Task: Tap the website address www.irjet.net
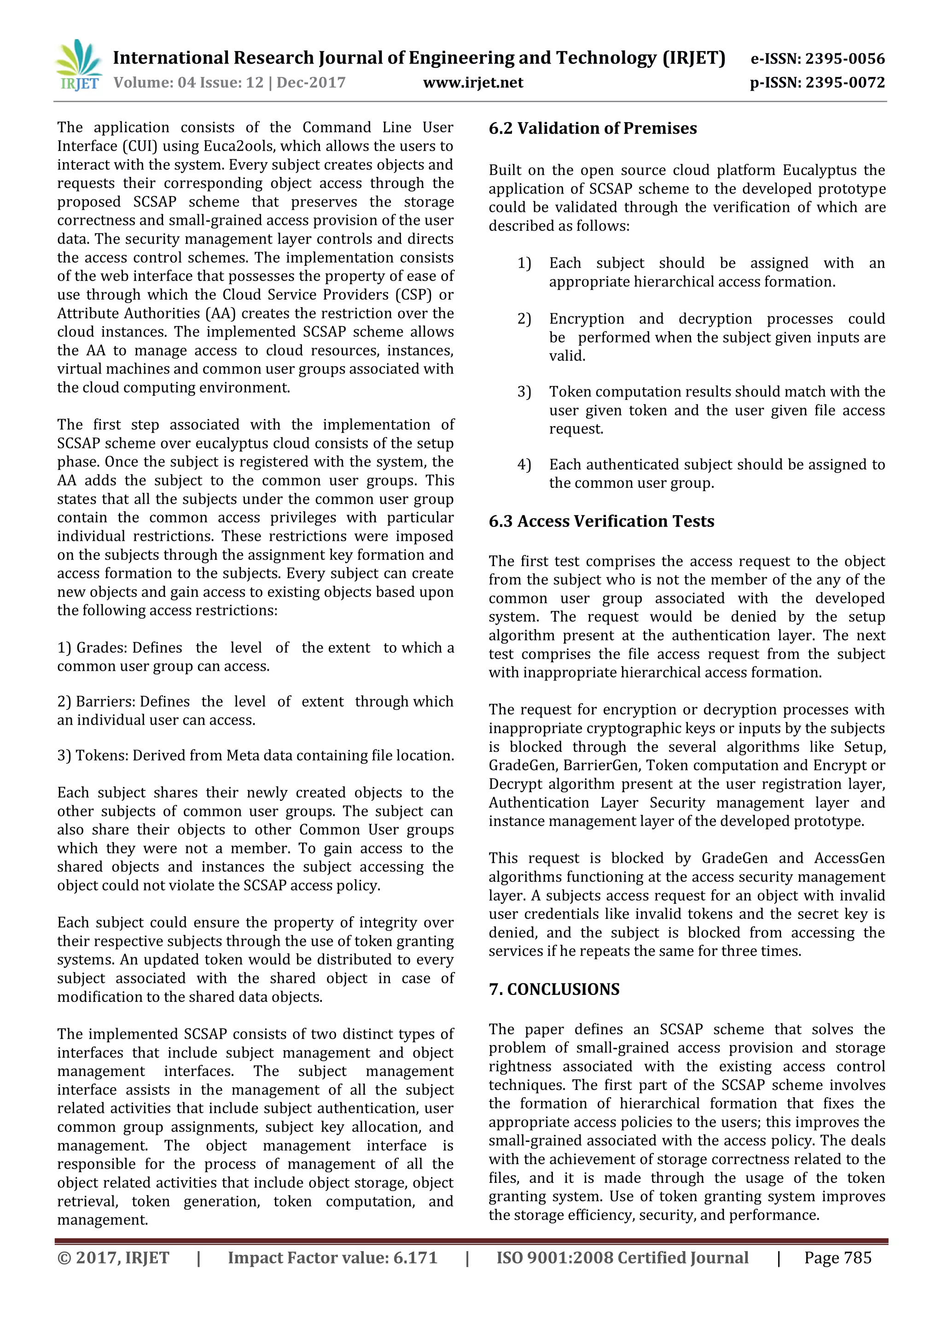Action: pyautogui.click(x=473, y=82)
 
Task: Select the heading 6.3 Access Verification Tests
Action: pyautogui.click(x=601, y=521)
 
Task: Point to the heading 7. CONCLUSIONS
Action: pyautogui.click(x=554, y=989)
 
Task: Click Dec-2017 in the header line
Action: pyautogui.click(x=311, y=82)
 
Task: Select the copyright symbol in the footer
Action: pyautogui.click(x=64, y=1258)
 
